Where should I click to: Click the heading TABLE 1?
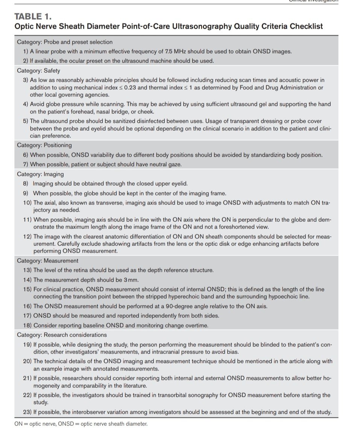click(33, 16)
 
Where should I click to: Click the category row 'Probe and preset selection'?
click(65, 42)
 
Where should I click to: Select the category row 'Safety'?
click(38, 70)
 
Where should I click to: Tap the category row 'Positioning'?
click(44, 145)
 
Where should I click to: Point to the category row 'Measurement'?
click(48, 260)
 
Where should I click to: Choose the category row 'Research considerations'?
click(62, 335)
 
